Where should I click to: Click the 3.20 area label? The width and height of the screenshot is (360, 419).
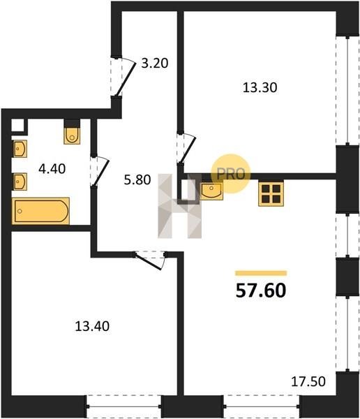(x=155, y=64)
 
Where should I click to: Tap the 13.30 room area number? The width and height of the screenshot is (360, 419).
(x=260, y=88)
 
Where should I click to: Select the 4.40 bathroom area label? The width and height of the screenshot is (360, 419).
(x=52, y=169)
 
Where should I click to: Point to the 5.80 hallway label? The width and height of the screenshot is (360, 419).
(x=137, y=180)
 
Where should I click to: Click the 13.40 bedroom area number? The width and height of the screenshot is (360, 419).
(x=92, y=326)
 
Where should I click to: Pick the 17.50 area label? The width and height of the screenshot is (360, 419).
(x=308, y=381)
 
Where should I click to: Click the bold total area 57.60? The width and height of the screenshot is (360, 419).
(x=261, y=291)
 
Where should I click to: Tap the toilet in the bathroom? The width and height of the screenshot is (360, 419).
(x=72, y=135)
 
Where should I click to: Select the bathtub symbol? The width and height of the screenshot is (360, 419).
(x=41, y=211)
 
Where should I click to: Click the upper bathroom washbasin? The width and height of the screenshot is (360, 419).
(x=20, y=149)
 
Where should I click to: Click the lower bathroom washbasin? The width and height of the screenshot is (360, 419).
(x=20, y=182)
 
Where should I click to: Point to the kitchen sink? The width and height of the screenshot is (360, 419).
(x=211, y=191)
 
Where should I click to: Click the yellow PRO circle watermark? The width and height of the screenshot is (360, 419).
(x=231, y=174)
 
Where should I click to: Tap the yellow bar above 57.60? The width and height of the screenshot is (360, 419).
(x=261, y=273)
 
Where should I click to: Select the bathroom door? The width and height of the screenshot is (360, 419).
(x=100, y=171)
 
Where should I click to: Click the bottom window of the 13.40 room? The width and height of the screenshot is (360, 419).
(x=123, y=406)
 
